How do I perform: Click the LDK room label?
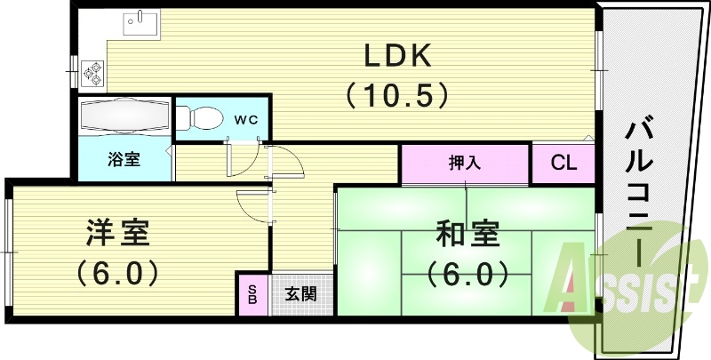396,57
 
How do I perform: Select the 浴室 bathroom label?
124,160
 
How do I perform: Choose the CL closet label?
563,164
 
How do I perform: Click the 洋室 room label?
117,233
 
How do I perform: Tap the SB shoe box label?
253,294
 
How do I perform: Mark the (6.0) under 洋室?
117,270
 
